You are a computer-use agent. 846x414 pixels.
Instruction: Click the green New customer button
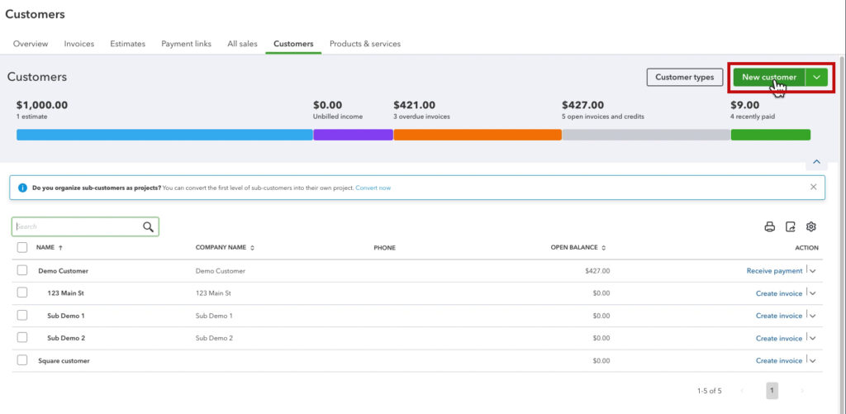768,77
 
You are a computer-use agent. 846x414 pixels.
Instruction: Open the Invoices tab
79,44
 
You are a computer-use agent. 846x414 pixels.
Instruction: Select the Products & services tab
364,44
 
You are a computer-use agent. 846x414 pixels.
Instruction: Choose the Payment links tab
186,44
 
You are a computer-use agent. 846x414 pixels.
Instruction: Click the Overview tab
31,44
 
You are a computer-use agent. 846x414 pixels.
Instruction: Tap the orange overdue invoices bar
478,135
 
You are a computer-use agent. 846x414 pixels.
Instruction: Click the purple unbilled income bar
353,135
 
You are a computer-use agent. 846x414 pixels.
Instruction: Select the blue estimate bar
164,135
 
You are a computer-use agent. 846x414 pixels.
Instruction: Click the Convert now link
373,188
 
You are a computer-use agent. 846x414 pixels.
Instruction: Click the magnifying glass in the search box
149,227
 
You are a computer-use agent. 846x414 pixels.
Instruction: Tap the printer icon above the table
770,227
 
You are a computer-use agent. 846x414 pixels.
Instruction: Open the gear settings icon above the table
811,227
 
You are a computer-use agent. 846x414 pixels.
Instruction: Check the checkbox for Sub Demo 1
22,316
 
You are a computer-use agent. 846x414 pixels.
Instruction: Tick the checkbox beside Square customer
22,360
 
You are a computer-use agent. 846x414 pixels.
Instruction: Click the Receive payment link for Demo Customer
774,271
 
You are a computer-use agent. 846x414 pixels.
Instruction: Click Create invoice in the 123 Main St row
778,293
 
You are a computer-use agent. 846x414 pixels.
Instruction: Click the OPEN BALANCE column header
577,248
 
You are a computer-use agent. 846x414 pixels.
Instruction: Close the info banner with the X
813,188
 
